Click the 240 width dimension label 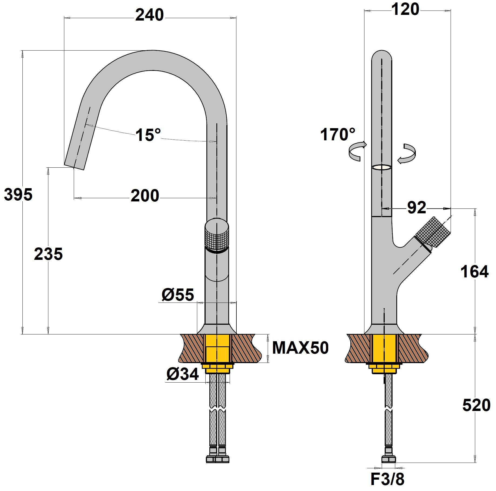(x=149, y=15)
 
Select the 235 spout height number (x=48, y=254)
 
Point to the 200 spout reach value (x=145, y=196)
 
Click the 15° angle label (x=148, y=135)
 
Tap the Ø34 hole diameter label (x=183, y=374)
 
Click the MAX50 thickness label (x=300, y=348)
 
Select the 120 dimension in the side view (x=405, y=10)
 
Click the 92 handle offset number (x=417, y=208)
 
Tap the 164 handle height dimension (x=474, y=272)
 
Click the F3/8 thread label (x=387, y=479)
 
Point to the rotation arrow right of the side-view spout (x=407, y=154)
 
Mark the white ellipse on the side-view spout (x=381, y=168)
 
